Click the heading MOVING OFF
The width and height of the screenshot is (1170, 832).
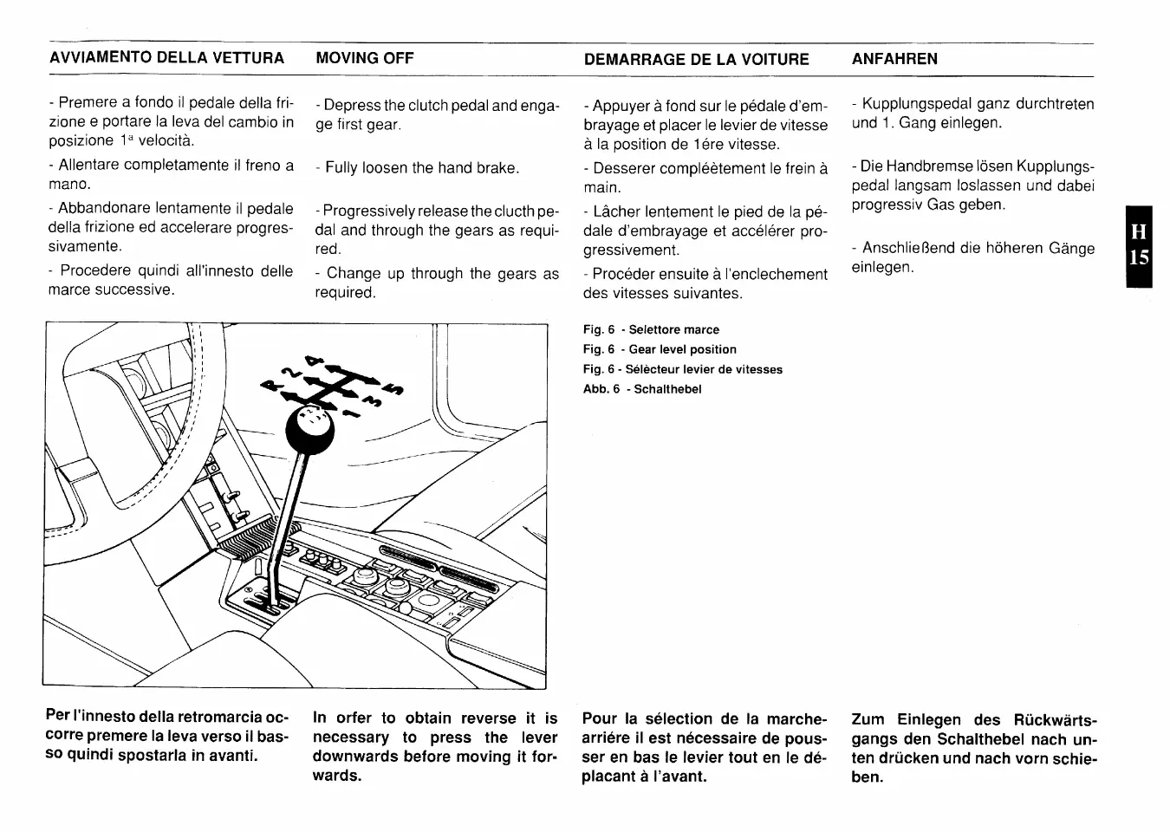[x=364, y=58]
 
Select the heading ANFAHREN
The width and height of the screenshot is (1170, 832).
[x=894, y=59]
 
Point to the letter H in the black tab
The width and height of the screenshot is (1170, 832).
[x=1139, y=232]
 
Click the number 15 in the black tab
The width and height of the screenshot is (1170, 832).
[x=1139, y=257]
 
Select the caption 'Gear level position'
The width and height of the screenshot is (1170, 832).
[x=682, y=349]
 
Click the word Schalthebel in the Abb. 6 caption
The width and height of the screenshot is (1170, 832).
[x=667, y=389]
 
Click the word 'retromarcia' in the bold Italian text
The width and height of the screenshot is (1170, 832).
[x=219, y=717]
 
